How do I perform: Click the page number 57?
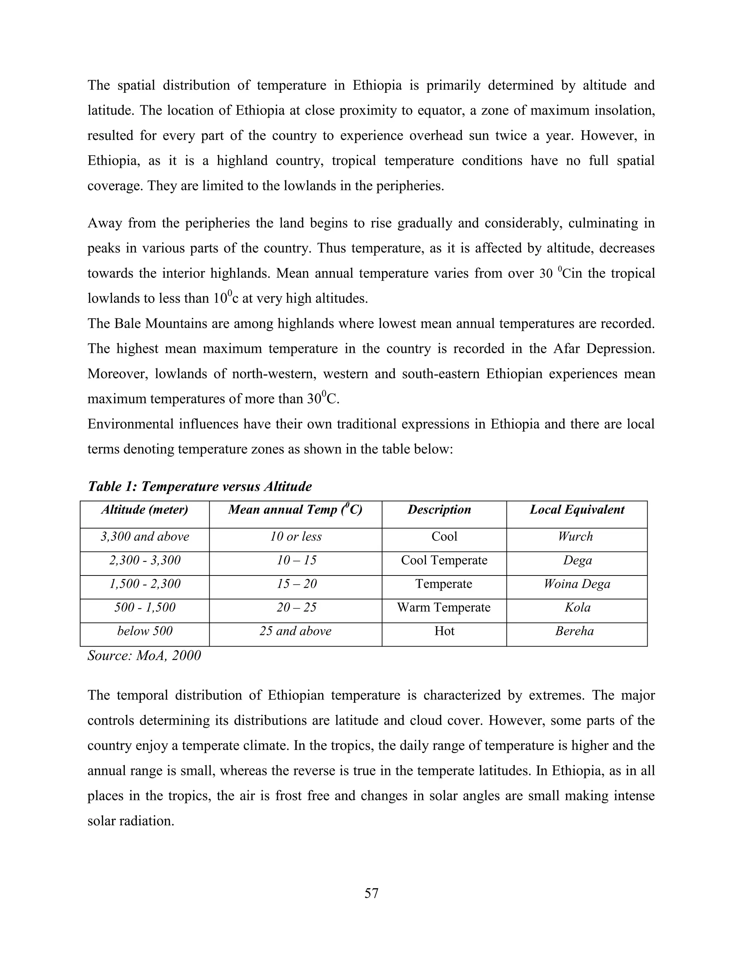(x=371, y=893)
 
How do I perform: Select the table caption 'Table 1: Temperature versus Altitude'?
(x=200, y=486)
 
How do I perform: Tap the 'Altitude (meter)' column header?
(x=145, y=510)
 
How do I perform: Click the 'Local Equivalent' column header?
(x=576, y=510)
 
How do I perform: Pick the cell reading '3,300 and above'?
(x=145, y=536)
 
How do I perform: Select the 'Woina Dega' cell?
(x=576, y=584)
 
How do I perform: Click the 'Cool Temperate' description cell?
(x=444, y=560)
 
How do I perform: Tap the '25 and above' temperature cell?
(x=295, y=631)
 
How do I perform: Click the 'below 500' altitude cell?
(x=145, y=631)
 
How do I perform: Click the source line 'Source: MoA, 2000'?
(x=144, y=656)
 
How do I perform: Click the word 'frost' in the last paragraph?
(x=288, y=796)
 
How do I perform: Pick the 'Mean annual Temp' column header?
(x=295, y=510)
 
